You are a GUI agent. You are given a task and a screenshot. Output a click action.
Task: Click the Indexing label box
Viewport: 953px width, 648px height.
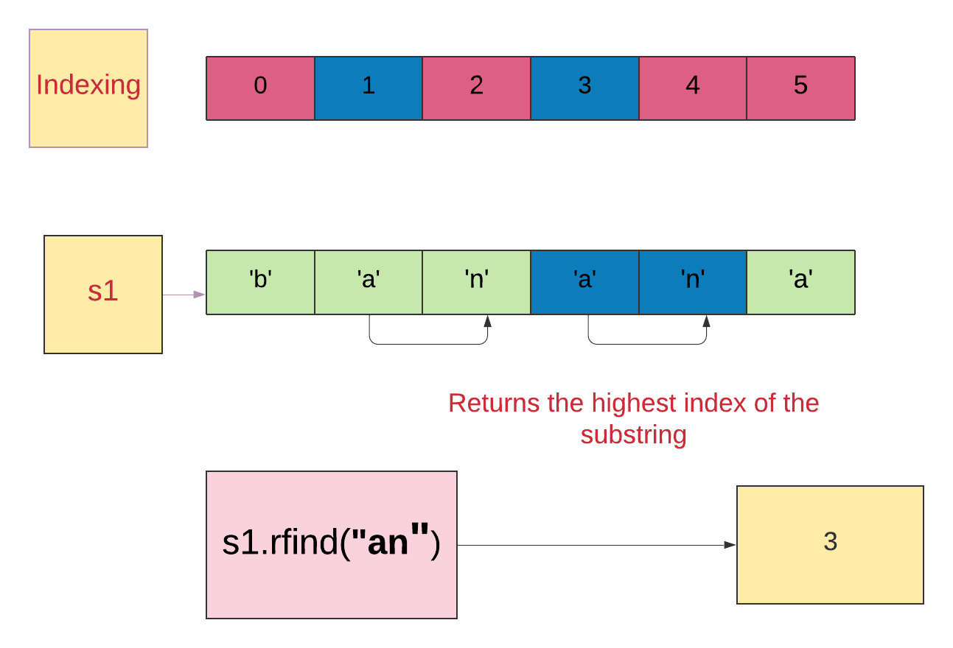coord(88,88)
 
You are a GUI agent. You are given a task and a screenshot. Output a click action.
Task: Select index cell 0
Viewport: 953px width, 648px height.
coord(260,88)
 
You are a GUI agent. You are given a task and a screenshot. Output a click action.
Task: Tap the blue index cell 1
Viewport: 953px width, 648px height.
coord(368,88)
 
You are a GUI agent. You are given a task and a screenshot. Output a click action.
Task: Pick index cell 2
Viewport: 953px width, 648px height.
coord(476,88)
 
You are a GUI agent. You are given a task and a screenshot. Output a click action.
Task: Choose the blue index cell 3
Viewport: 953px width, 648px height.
coord(584,88)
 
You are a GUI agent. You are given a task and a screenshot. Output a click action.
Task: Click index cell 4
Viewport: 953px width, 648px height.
coord(692,88)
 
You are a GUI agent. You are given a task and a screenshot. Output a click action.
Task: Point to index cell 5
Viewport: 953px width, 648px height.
coord(800,88)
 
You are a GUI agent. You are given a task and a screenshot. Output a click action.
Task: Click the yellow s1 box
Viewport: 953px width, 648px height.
coord(103,294)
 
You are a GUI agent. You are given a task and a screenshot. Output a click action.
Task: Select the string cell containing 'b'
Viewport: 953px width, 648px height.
coord(260,282)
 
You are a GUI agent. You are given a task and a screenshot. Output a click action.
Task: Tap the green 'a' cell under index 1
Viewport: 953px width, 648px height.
coord(368,282)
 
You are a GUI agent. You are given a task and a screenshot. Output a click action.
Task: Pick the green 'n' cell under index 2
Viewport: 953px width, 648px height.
coord(476,282)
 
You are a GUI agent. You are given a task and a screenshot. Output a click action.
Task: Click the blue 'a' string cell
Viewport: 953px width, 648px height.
coord(584,282)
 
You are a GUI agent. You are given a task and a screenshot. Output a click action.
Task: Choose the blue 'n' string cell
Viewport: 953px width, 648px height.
coord(692,282)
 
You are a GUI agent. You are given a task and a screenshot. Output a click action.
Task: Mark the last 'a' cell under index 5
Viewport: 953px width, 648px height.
coord(800,282)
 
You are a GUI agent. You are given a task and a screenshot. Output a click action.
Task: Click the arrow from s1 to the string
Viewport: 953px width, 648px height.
coord(184,295)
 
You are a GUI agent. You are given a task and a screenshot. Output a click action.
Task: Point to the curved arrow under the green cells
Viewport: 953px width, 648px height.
coord(428,344)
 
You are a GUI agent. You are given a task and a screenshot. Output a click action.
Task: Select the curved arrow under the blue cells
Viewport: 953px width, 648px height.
coord(647,344)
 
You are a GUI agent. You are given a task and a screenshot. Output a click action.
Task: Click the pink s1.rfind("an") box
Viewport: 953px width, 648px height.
coord(332,544)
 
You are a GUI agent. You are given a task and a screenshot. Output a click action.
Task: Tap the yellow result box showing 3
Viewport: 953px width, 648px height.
coord(830,544)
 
